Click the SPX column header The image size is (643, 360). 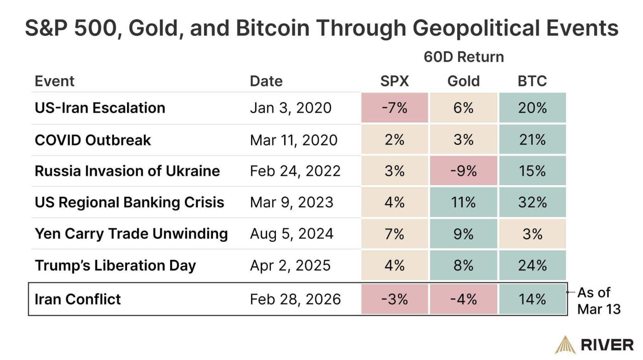click(394, 81)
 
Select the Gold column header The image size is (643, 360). click(463, 81)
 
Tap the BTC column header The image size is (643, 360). click(532, 81)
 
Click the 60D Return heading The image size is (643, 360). click(464, 57)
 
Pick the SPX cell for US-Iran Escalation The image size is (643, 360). click(394, 108)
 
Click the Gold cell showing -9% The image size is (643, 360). click(463, 171)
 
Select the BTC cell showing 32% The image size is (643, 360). click(532, 202)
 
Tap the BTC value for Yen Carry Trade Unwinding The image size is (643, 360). click(532, 234)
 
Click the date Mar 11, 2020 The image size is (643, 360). click(293, 140)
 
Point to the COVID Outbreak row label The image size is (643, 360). click(92, 140)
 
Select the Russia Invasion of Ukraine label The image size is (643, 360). click(127, 171)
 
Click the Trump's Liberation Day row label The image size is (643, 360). click(115, 265)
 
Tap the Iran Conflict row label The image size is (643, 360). click(77, 299)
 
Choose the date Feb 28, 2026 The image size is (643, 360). click(295, 299)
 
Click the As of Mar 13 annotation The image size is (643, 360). click(598, 300)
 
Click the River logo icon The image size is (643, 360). click(564, 344)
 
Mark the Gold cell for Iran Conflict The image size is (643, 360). click(463, 299)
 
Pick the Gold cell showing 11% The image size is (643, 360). click(463, 202)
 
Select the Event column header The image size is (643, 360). click(54, 81)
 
